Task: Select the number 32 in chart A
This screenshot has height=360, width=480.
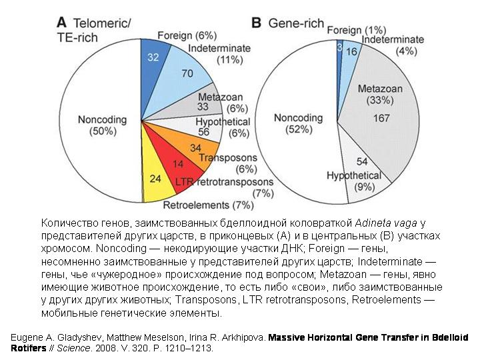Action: (x=153, y=58)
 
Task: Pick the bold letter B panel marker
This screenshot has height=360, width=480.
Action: (x=256, y=23)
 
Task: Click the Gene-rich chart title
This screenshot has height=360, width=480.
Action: (x=296, y=23)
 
